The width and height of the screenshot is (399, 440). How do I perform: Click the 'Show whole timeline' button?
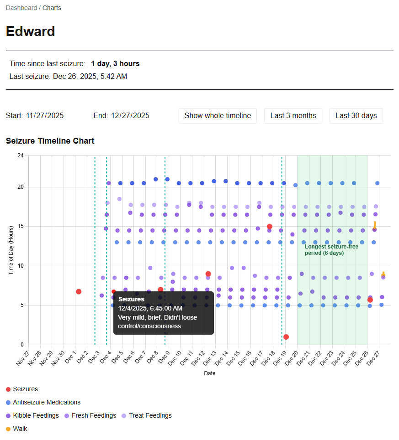tap(218, 116)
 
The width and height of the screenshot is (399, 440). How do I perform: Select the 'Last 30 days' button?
tap(356, 116)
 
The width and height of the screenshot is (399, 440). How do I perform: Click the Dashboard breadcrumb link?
tap(21, 8)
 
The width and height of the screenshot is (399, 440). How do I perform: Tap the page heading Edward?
tap(31, 31)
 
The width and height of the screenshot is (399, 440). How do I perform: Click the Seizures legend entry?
tap(25, 389)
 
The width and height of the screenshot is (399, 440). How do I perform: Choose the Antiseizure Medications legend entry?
tap(46, 403)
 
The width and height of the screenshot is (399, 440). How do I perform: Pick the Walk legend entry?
tap(20, 429)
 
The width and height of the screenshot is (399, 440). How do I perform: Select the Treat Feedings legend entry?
tap(150, 416)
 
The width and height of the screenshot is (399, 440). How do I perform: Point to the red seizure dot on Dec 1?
tap(79, 291)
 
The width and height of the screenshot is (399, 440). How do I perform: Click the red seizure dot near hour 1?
tap(286, 337)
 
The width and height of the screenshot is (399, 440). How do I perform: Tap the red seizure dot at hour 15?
tap(270, 227)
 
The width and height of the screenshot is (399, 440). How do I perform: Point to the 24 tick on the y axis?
tap(20, 155)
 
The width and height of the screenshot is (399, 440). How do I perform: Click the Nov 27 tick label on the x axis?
tap(23, 358)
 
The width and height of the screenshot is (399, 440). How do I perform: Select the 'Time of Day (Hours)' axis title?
tap(11, 250)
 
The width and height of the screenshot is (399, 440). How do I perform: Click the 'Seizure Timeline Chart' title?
tap(50, 141)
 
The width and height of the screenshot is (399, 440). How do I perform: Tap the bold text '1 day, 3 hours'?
tap(115, 64)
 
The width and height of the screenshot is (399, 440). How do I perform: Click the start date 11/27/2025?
tap(45, 116)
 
